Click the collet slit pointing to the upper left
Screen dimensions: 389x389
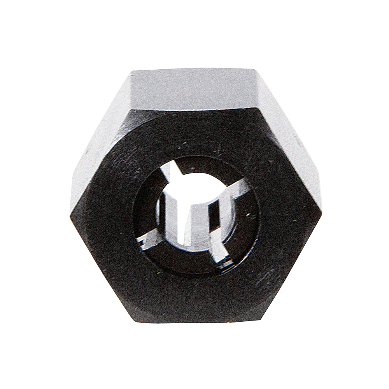(x=168, y=171)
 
